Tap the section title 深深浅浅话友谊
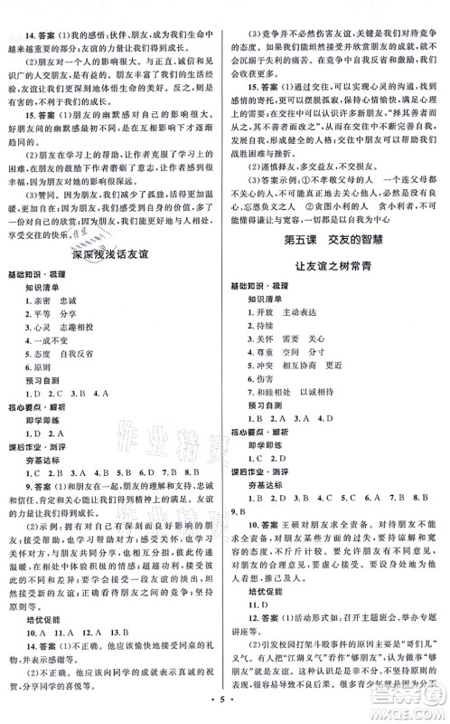(114, 281)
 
